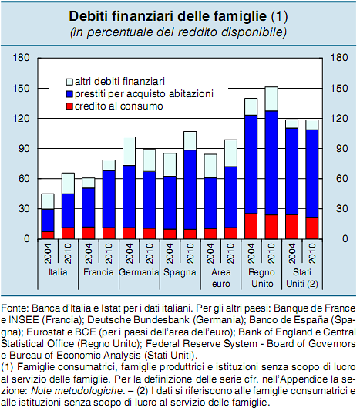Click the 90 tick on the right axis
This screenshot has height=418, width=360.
336,148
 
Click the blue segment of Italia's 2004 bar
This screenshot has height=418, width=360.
47,220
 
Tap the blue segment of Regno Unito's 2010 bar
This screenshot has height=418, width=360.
271,162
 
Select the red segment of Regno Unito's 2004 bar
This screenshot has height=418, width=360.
251,226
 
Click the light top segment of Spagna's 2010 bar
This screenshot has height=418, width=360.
190,140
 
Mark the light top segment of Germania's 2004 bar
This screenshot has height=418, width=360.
129,150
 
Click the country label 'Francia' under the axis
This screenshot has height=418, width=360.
98,272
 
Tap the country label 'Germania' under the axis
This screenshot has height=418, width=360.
139,272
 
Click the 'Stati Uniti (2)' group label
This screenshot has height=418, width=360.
301,278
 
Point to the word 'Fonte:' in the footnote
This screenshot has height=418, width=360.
15,298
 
